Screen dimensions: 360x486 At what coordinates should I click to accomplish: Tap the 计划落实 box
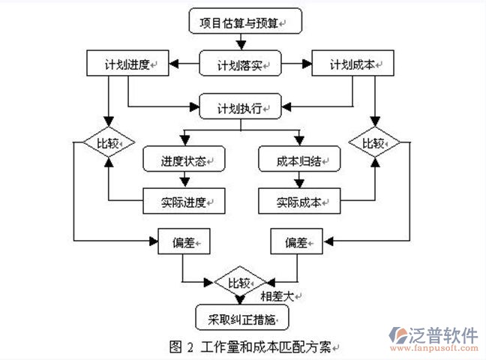(x=239, y=64)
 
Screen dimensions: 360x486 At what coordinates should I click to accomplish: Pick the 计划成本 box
(x=353, y=64)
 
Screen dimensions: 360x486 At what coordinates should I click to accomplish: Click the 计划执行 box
(x=239, y=108)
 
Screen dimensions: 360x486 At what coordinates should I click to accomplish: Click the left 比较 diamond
(x=107, y=142)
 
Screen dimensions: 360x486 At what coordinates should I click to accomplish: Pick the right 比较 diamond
(x=374, y=142)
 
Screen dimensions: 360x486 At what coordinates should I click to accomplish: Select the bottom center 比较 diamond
(x=239, y=283)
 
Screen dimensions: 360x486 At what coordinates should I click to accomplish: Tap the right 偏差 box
(x=296, y=241)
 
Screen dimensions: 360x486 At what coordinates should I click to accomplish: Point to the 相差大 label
(x=275, y=295)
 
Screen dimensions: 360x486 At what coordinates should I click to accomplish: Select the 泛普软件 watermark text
(x=444, y=335)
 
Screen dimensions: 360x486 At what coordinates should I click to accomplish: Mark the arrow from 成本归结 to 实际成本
(x=298, y=180)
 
